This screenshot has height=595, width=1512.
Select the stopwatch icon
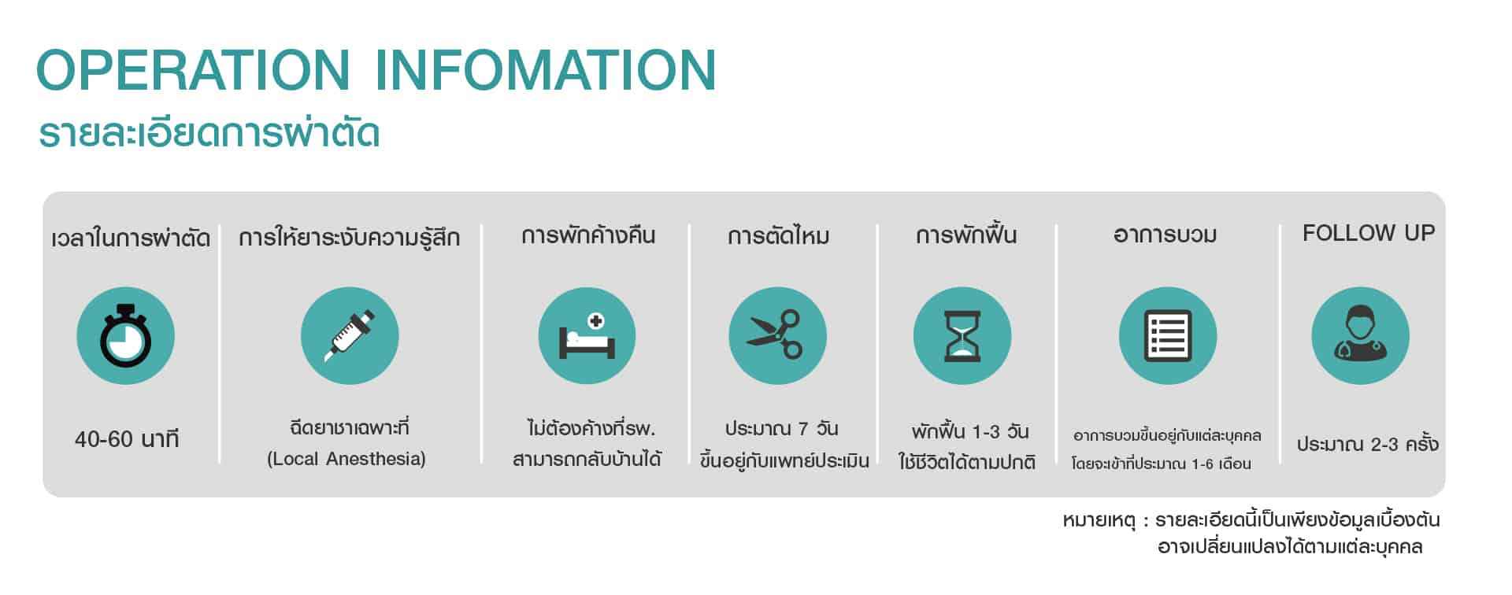[x=125, y=336]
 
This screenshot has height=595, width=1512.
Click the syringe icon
[x=350, y=336]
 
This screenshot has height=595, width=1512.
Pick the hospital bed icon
[x=587, y=336]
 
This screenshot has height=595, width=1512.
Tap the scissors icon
[x=777, y=336]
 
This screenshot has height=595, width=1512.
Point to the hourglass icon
[x=962, y=336]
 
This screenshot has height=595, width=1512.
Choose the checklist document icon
[x=1168, y=336]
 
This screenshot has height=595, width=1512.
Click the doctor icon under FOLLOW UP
[x=1360, y=336]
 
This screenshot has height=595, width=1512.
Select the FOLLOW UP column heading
[x=1369, y=233]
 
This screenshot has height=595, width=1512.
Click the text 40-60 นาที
[x=127, y=438]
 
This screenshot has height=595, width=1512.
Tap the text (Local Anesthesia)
[x=346, y=459]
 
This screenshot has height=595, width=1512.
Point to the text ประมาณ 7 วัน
[x=781, y=429]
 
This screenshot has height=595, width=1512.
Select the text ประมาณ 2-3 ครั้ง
[x=1368, y=444]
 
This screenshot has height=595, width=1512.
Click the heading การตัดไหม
[x=778, y=235]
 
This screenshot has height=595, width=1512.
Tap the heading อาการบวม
[x=1165, y=235]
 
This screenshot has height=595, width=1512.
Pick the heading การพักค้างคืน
[x=588, y=235]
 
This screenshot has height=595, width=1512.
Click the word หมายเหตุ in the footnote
[x=1099, y=521]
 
